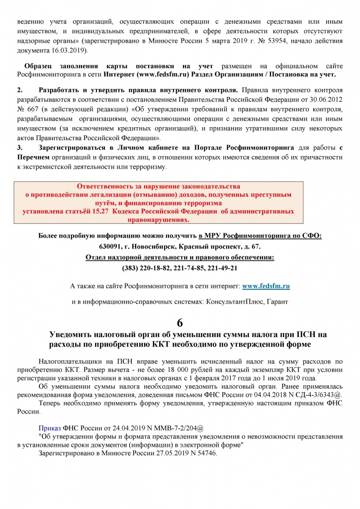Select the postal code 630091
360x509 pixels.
110,247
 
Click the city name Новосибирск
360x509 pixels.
154,247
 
